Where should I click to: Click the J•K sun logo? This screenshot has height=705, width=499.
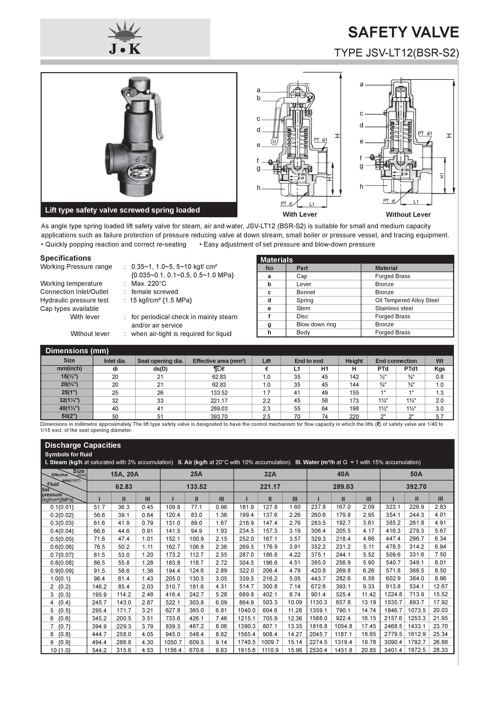point(125,38)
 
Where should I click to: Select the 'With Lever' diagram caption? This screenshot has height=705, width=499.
point(300,214)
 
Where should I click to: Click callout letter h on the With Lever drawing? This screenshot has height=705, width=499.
point(259,188)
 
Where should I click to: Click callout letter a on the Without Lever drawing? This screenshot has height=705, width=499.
point(362,84)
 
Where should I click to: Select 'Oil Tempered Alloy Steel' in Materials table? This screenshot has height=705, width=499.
point(407,300)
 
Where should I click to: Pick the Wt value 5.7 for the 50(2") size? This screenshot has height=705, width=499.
point(440,417)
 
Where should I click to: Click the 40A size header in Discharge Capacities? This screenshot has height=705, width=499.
point(343,474)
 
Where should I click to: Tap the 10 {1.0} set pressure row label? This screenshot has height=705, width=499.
point(60,650)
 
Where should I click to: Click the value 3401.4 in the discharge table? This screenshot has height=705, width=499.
point(393,650)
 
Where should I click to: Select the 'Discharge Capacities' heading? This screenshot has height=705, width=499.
point(83,445)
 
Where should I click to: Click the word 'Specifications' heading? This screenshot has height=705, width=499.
point(65,258)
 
